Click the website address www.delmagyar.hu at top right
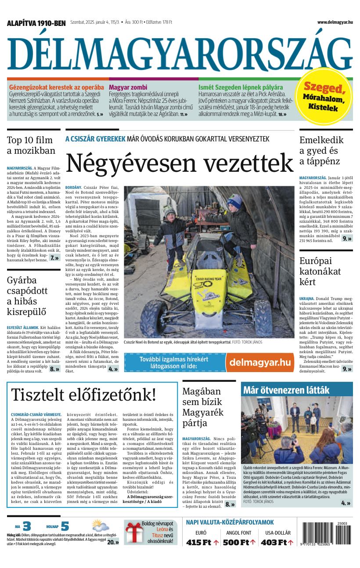335,22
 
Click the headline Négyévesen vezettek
180,163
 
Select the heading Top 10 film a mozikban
31,145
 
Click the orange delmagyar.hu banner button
260,362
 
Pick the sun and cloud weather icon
100,526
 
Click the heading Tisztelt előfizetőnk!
83,394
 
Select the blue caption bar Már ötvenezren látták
297,389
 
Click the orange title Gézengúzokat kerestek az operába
57,87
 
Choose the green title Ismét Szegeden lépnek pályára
241,87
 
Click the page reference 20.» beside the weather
113,542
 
